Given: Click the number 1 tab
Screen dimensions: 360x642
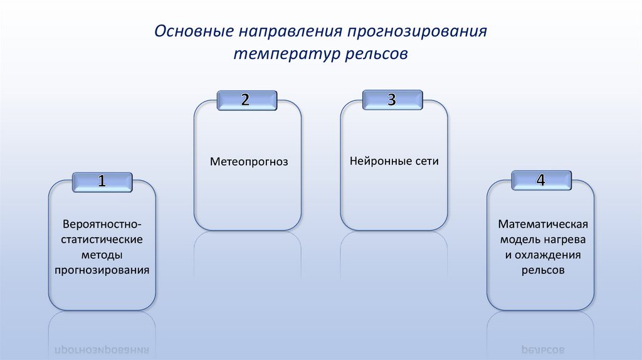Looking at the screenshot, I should pos(102,182).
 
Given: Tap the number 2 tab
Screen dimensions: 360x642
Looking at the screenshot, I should pos(246,100).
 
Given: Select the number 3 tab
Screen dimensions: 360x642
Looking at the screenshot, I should pos(392,100).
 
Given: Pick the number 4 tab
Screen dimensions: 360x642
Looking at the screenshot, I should pos(541,180).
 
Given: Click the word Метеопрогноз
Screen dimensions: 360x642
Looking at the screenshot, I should pos(249,162).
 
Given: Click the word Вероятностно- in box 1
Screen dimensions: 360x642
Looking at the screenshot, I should pos(102,224).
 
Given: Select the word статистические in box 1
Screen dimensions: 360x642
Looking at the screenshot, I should pos(102,240).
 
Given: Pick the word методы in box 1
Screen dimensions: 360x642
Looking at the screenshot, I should pos(102,255).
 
